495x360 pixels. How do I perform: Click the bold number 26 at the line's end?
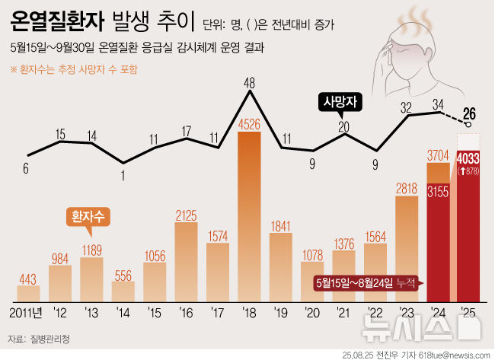tap(470, 114)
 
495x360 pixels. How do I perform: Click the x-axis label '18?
tap(250, 313)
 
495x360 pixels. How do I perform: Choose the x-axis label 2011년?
tap(27, 313)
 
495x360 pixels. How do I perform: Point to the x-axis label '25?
tap(470, 313)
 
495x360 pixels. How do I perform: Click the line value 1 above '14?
tap(123, 173)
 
